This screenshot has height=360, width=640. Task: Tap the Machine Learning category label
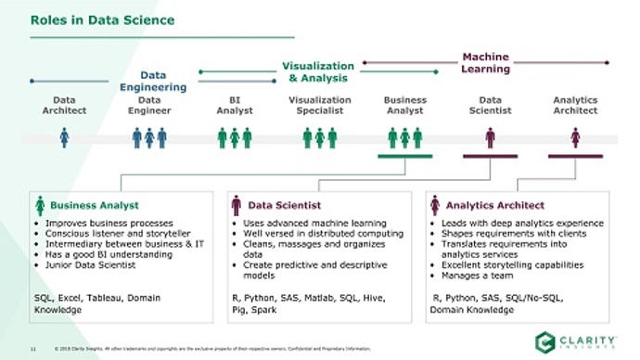(x=485, y=63)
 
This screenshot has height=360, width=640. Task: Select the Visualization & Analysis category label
(x=318, y=71)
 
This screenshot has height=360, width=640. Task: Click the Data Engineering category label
(x=153, y=81)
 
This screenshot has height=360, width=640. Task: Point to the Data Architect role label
(x=64, y=105)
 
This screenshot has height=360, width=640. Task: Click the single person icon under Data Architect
(x=64, y=137)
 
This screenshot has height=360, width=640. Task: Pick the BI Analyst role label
(x=235, y=105)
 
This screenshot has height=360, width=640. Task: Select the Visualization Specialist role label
(x=320, y=105)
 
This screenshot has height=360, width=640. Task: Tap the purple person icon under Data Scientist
(x=490, y=137)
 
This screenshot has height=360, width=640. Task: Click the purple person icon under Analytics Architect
(x=575, y=137)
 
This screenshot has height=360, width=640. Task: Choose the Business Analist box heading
(x=94, y=204)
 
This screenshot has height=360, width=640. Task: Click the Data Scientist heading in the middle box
(x=285, y=204)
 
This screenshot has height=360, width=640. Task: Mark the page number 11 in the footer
(x=32, y=349)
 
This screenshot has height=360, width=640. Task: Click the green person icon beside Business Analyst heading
(x=39, y=205)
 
